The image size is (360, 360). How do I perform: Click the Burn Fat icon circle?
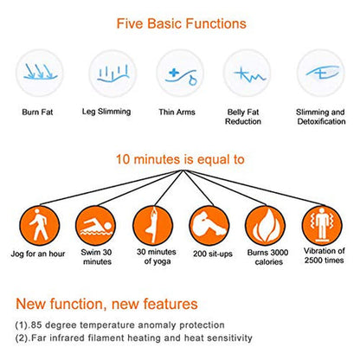tap(40, 73)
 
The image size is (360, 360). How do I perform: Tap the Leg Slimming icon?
tap(112, 74)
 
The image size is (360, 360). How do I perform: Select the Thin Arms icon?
tap(180, 74)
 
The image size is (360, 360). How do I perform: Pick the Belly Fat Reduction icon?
tap(247, 74)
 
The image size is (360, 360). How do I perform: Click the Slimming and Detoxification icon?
tap(321, 74)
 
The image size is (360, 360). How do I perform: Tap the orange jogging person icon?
tap(40, 226)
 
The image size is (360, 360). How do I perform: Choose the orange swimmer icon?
tap(96, 226)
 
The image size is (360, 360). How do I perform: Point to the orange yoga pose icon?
tap(153, 226)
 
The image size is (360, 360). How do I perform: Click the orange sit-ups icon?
tap(209, 226)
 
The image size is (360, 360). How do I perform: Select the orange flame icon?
tap(266, 226)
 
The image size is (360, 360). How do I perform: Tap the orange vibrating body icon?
tap(322, 226)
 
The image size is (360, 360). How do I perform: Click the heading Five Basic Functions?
tap(182, 23)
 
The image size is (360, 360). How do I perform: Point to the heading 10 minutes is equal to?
tap(180, 159)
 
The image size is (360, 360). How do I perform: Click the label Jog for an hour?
tap(38, 254)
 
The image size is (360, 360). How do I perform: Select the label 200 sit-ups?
tap(213, 254)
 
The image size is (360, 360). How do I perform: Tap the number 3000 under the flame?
tap(278, 253)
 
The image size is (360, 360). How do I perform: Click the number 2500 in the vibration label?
tap(313, 260)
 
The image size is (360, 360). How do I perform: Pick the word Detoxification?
tap(321, 121)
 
